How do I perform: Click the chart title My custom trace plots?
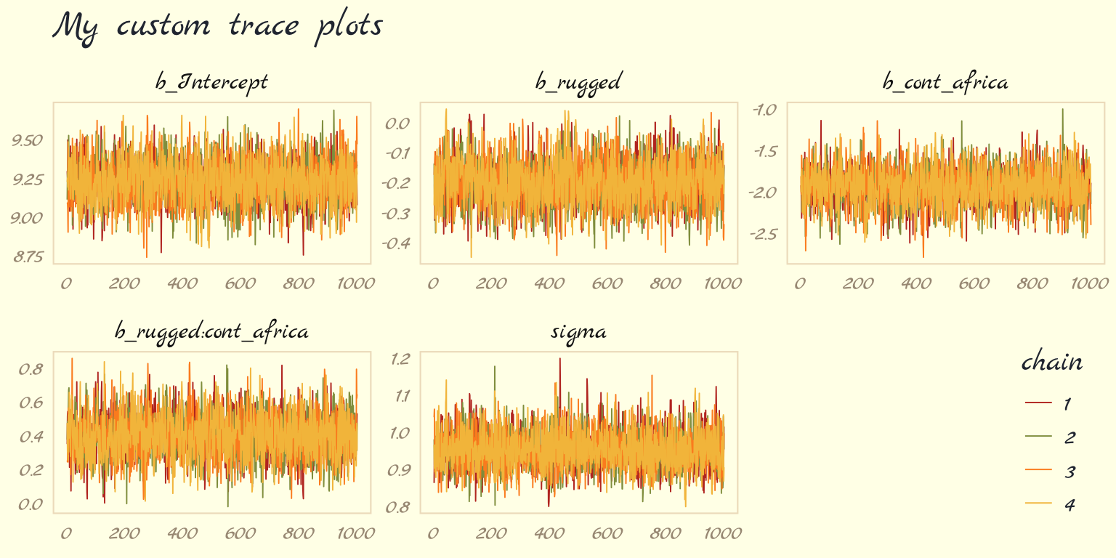218,27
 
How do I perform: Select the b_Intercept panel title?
211,82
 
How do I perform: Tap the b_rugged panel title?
578,82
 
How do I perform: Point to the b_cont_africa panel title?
945,82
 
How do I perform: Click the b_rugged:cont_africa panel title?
211,332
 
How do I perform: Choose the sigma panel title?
578,332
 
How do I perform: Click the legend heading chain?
1051,362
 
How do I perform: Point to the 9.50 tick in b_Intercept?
28,140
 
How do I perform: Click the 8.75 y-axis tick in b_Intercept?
28,256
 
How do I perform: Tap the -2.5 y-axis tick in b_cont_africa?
763,234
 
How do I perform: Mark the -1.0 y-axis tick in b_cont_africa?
764,110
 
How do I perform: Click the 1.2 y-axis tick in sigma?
400,358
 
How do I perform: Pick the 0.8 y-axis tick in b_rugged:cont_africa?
32,369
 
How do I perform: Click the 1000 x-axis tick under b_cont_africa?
1088,283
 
